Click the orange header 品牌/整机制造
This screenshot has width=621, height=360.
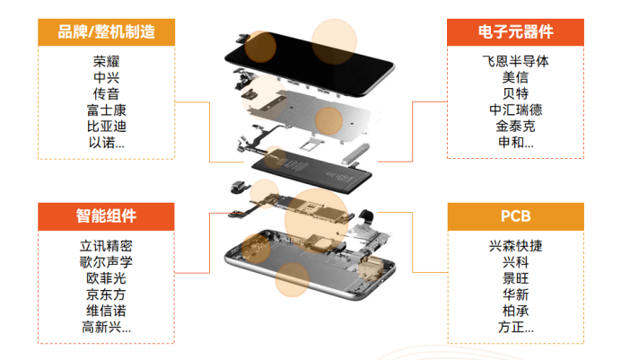point(106,32)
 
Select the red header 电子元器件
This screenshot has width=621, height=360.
point(514,32)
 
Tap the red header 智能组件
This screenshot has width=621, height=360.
point(106,215)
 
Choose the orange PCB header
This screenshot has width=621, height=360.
point(514,215)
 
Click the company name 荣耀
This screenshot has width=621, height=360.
point(106,62)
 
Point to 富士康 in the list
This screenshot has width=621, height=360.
point(106,110)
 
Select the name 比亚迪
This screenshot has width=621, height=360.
point(106,126)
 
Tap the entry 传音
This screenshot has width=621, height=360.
point(106,93)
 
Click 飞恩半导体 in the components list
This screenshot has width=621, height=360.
point(514,62)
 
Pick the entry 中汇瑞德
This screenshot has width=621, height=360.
point(514,110)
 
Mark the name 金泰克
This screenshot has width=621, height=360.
point(514,126)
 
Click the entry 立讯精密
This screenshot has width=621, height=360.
point(106,246)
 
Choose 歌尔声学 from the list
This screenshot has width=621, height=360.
point(106,262)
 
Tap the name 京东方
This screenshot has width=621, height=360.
point(106,294)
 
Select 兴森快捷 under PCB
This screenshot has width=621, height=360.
point(514,246)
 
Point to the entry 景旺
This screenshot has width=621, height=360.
point(514,278)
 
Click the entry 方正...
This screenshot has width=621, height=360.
point(514,327)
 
